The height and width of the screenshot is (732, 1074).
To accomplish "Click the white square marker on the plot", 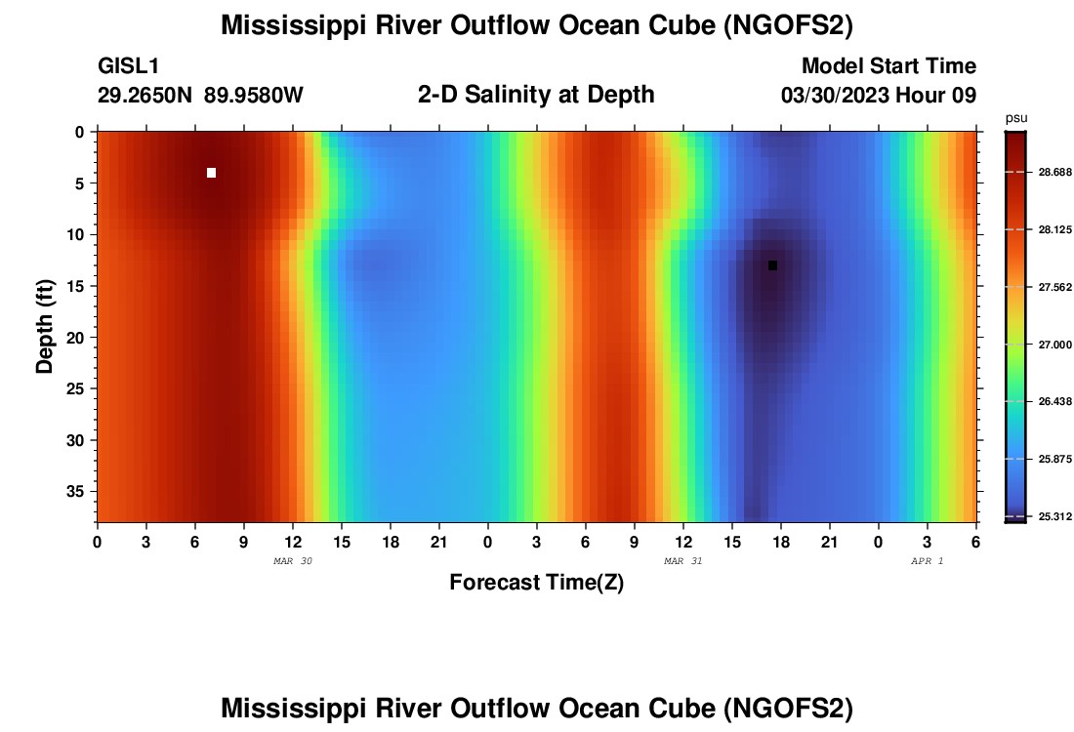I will point(211,173).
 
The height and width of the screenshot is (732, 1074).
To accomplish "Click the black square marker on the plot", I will point(772,265).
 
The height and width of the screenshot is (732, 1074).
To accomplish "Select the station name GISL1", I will point(128,66).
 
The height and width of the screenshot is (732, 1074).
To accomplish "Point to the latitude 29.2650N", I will point(145,95).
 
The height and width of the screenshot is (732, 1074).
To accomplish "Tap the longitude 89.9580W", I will point(254,95).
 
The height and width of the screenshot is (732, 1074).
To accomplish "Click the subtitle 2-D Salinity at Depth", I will point(536,95).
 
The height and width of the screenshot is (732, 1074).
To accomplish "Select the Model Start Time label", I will point(888,66).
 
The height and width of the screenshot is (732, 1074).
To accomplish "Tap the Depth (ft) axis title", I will point(45,326).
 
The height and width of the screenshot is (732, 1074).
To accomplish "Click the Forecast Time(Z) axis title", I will point(536,583).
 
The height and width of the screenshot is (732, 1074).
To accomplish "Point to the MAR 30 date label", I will point(293,561).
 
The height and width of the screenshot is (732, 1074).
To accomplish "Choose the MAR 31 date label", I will point(682,561).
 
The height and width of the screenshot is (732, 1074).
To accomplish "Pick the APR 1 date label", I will point(927,561).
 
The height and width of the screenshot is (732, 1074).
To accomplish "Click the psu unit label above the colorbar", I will point(1016,118).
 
